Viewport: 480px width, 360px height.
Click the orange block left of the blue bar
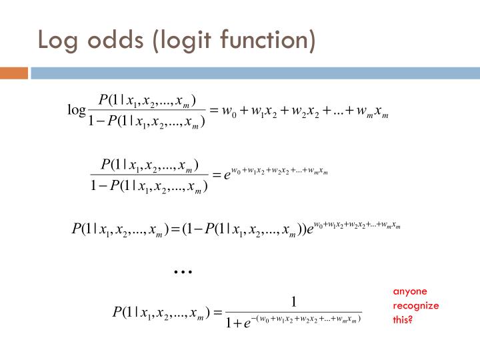click(13, 73)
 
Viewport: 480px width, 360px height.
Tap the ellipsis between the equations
click(183, 272)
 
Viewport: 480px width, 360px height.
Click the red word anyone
click(409, 291)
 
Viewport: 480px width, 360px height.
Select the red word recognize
click(415, 305)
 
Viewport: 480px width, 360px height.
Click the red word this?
click(403, 319)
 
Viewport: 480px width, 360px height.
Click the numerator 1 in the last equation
click(294, 301)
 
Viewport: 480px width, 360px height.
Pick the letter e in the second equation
click(227, 177)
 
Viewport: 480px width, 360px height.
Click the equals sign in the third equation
click(175, 230)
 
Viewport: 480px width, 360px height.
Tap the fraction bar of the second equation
click(150, 175)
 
